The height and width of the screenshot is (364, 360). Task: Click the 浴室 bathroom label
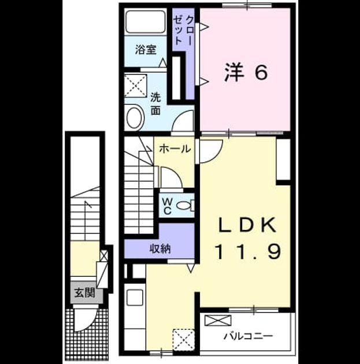point(146,50)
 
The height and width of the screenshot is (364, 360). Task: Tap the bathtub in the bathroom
point(146,22)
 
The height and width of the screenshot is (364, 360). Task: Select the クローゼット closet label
point(183,30)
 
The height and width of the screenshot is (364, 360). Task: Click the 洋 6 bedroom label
point(246,72)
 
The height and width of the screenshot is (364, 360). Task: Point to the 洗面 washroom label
point(156,104)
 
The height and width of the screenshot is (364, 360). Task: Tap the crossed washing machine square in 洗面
point(136,86)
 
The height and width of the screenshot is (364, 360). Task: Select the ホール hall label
point(175,148)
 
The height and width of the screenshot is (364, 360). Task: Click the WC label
point(168,206)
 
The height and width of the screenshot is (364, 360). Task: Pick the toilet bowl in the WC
point(184,206)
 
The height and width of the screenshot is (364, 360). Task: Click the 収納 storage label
point(160,249)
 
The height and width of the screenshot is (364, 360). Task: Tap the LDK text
point(247,225)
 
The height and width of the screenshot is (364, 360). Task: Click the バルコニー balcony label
point(248,336)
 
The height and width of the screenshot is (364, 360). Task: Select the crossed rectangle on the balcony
point(218,320)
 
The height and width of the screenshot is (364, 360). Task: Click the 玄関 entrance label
point(85,293)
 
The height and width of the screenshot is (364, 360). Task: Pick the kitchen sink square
point(135,298)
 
